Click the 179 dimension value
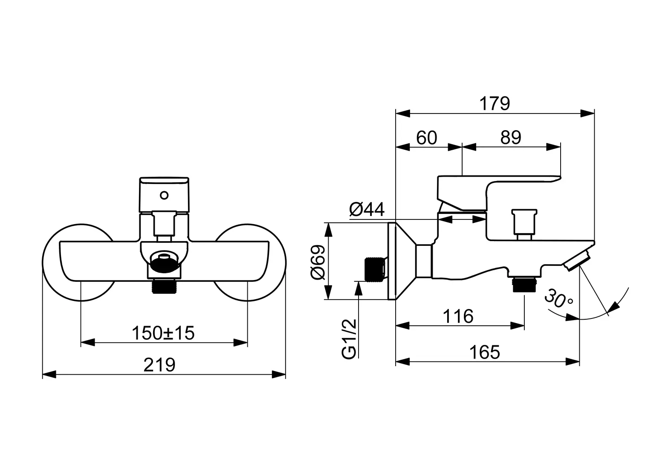[x=495, y=103]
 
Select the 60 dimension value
[x=426, y=138]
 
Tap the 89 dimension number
[x=511, y=138]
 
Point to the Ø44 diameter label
[x=367, y=210]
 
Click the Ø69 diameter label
[x=318, y=261]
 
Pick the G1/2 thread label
[x=349, y=339]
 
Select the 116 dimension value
[x=458, y=317]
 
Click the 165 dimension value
[x=484, y=353]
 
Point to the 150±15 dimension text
[x=163, y=333]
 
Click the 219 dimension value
[x=159, y=365]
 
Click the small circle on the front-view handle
[x=164, y=196]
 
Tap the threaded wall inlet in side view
[x=375, y=270]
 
